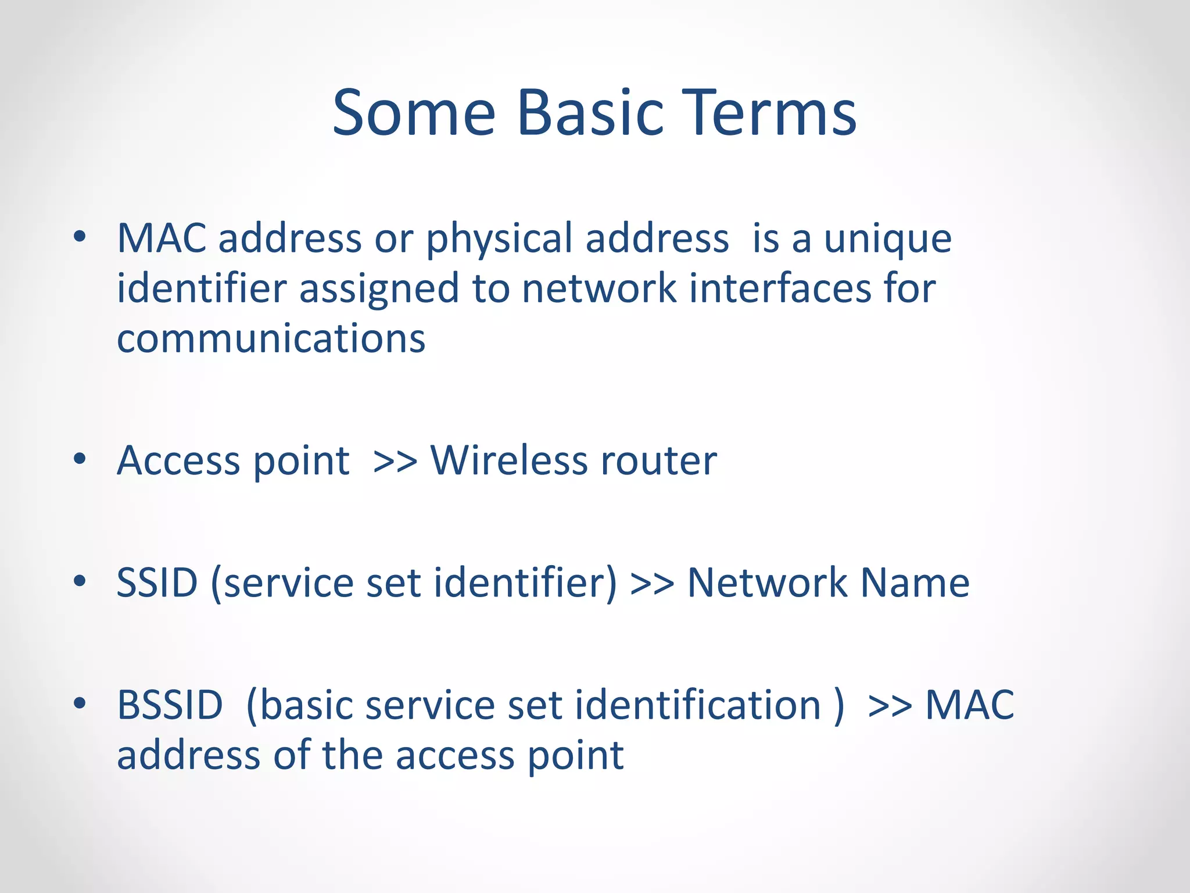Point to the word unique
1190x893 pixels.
[888, 240]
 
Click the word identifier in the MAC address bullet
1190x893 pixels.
[202, 289]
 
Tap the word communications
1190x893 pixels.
[271, 339]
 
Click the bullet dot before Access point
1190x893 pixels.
[80, 459]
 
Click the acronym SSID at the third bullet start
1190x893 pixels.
[157, 583]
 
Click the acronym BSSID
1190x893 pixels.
[170, 705]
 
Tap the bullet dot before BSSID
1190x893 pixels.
[80, 703]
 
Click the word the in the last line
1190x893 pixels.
[352, 755]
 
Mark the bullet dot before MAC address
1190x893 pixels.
[80, 237]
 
